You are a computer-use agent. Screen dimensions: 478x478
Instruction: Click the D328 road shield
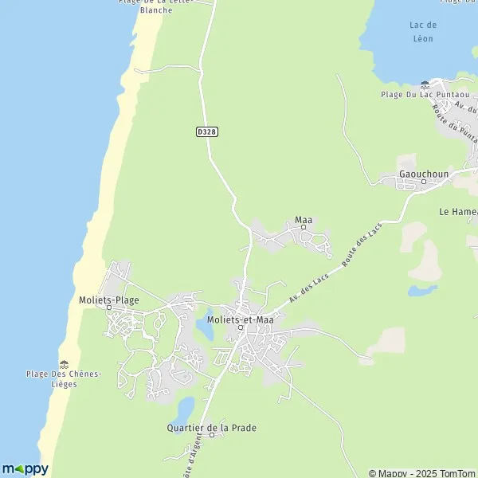pyautogui.click(x=206, y=132)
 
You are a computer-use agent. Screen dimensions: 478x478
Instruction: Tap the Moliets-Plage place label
pyautogui.click(x=109, y=300)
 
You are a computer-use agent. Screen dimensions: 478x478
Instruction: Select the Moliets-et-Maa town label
pyautogui.click(x=240, y=319)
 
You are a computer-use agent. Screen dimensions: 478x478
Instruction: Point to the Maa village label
pyautogui.click(x=303, y=219)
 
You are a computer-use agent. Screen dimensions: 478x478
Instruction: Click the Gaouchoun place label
pyautogui.click(x=424, y=174)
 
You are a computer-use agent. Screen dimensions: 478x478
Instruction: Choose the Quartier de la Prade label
pyautogui.click(x=212, y=428)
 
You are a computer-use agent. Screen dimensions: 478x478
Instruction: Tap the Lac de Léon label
pyautogui.click(x=422, y=32)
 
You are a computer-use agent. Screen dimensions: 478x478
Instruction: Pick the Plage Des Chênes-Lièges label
pyautogui.click(x=63, y=378)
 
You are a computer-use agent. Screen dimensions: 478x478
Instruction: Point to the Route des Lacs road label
pyautogui.click(x=362, y=246)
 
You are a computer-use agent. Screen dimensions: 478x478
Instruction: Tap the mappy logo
pyautogui.click(x=25, y=468)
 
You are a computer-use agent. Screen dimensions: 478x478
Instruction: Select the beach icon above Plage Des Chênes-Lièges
pyautogui.click(x=63, y=363)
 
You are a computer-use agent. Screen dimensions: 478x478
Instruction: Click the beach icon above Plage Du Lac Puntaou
pyautogui.click(x=425, y=84)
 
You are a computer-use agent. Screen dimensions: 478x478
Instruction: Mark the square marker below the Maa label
pyautogui.click(x=303, y=227)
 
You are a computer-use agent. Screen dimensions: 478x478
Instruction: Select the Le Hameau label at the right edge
pyautogui.click(x=459, y=212)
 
